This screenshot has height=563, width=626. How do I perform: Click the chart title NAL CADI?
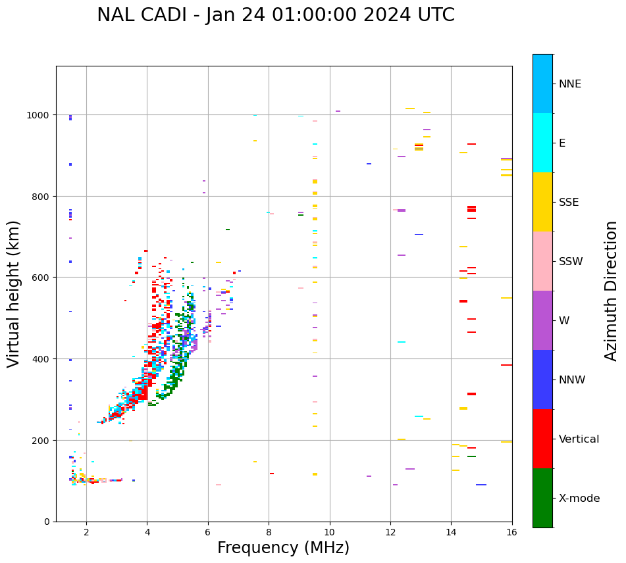[x=275, y=15]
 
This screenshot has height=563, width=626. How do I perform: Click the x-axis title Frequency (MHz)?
[x=283, y=548]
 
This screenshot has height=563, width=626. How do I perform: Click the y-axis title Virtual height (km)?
[x=14, y=293]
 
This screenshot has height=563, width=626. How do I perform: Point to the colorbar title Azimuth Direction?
[x=612, y=291]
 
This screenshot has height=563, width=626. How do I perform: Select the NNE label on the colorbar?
[x=570, y=84]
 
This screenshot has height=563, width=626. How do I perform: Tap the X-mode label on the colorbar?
[x=579, y=499]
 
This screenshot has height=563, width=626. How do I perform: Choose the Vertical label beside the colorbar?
[x=579, y=439]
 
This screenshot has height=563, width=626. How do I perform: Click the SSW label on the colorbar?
[x=571, y=262]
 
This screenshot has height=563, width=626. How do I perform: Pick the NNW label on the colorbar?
[x=572, y=380]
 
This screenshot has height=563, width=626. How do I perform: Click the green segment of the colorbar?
[x=542, y=498]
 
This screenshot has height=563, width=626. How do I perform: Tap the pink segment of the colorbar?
[x=542, y=261]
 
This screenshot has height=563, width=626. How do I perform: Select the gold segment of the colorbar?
[x=542, y=202]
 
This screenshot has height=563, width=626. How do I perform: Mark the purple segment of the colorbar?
[x=542, y=320]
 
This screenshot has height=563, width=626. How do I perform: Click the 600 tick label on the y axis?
[x=42, y=278]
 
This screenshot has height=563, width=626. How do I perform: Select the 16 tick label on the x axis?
[x=511, y=532]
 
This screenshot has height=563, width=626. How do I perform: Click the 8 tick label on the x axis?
[x=269, y=532]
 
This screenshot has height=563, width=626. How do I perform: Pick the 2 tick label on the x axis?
[x=86, y=532]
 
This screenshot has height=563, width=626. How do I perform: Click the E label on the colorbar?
[x=562, y=143]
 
